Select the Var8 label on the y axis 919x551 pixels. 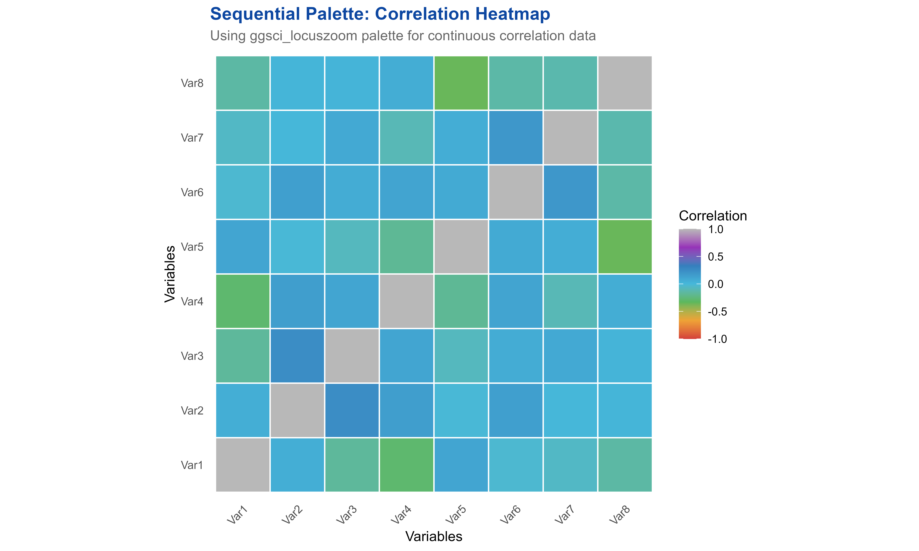pos(192,83)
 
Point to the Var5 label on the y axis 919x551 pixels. pos(192,247)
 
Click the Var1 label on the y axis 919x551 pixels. pos(192,465)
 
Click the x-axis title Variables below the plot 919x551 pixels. pos(433,536)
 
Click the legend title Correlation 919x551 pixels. pos(713,216)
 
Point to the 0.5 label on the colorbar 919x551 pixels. pos(715,257)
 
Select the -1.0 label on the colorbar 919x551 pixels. pos(717,339)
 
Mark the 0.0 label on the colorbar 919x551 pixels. pos(715,284)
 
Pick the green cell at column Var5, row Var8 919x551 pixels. pos(461,83)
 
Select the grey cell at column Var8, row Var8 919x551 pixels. pos(625,83)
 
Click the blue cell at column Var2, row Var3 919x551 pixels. pos(297,356)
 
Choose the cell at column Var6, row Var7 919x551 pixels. pos(516,137)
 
